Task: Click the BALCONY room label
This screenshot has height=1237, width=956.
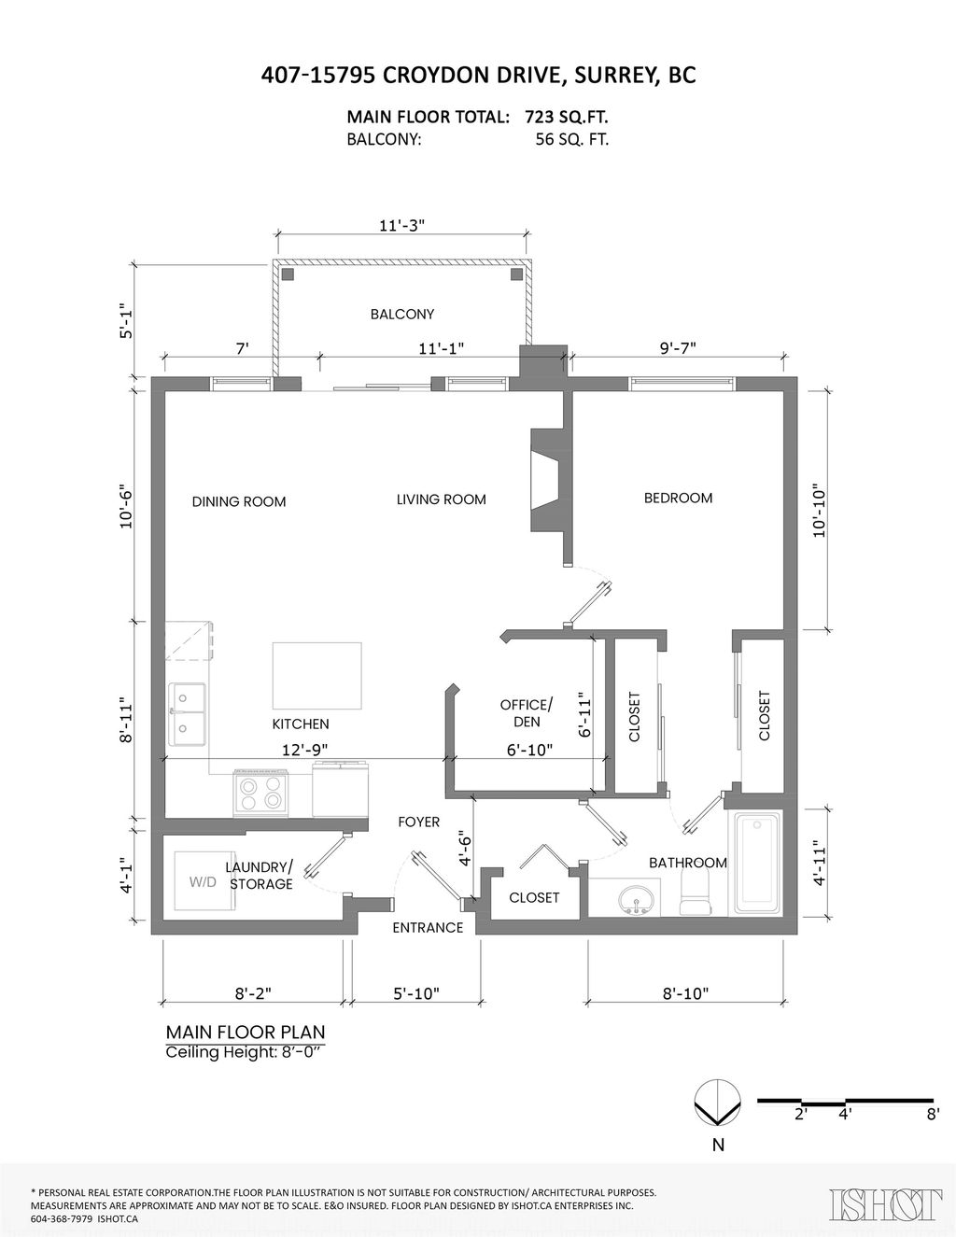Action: tap(401, 315)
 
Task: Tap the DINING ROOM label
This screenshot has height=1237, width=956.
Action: tap(239, 501)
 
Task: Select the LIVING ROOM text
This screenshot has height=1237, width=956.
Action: tap(441, 499)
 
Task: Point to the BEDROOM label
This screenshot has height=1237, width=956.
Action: tap(678, 498)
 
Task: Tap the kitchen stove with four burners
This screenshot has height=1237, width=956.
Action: tap(260, 793)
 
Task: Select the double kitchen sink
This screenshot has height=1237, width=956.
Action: tap(188, 714)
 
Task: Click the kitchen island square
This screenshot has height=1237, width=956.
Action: tap(316, 676)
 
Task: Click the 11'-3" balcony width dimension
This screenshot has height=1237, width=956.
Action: tap(402, 225)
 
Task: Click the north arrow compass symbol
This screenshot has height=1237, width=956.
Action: tap(718, 1104)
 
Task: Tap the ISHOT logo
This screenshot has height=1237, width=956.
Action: tap(885, 1204)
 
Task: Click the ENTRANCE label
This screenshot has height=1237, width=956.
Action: tap(428, 927)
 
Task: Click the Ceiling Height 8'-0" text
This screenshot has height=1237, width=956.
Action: tap(248, 1052)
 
